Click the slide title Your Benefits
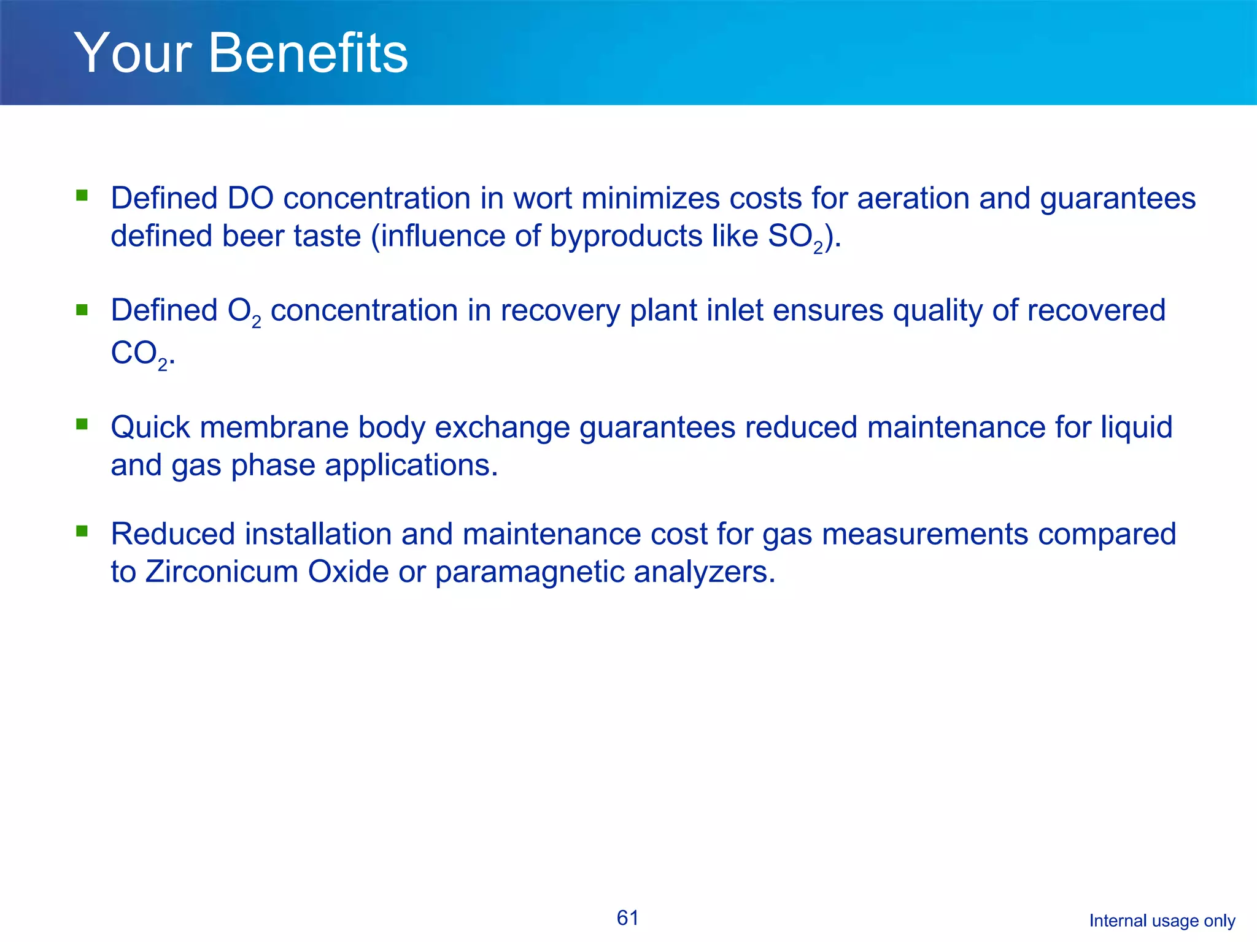pyautogui.click(x=241, y=54)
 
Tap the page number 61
pyautogui.click(x=627, y=918)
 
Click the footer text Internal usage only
pyautogui.click(x=1162, y=921)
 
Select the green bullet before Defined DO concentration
pyautogui.click(x=82, y=196)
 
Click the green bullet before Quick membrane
pyautogui.click(x=82, y=424)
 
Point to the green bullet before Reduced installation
pyautogui.click(x=82, y=530)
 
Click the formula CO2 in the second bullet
pyautogui.click(x=139, y=354)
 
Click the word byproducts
pyautogui.click(x=625, y=237)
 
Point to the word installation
pyautogui.click(x=318, y=534)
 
